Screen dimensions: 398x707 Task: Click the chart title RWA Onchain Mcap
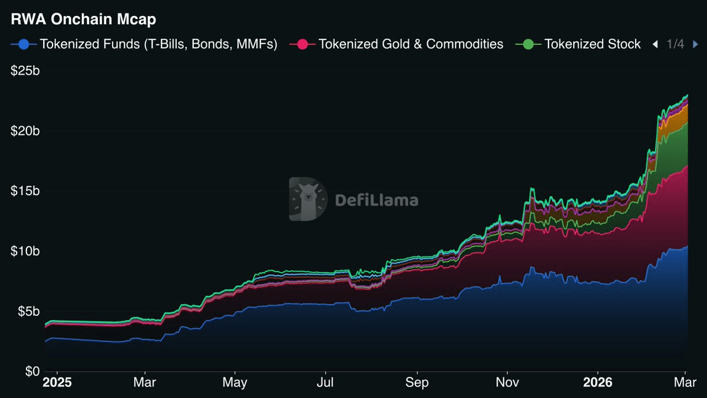pos(83,19)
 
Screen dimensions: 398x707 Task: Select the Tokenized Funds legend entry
pos(158,44)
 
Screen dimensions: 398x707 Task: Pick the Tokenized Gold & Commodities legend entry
pos(411,44)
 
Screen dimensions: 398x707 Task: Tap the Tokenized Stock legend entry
pos(592,44)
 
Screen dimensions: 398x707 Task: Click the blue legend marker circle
pos(24,44)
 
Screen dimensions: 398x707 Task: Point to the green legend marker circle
pos(528,44)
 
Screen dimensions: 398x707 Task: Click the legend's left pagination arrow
pos(655,44)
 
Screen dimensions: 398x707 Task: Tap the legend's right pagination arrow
pos(695,44)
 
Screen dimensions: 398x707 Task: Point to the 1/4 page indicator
pos(675,44)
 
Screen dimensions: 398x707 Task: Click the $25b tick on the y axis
pos(25,71)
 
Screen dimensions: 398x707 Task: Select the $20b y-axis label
pos(25,131)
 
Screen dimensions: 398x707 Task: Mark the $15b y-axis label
pos(25,191)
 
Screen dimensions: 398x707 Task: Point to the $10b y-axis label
pos(25,251)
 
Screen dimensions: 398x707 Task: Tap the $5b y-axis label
pos(28,311)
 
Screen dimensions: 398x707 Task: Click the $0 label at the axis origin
pos(32,371)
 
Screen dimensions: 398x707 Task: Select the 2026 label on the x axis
pos(597,383)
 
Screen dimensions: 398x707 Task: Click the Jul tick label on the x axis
pos(325,383)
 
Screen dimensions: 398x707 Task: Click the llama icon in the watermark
pos(308,199)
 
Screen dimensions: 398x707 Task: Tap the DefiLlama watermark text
pos(376,200)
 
